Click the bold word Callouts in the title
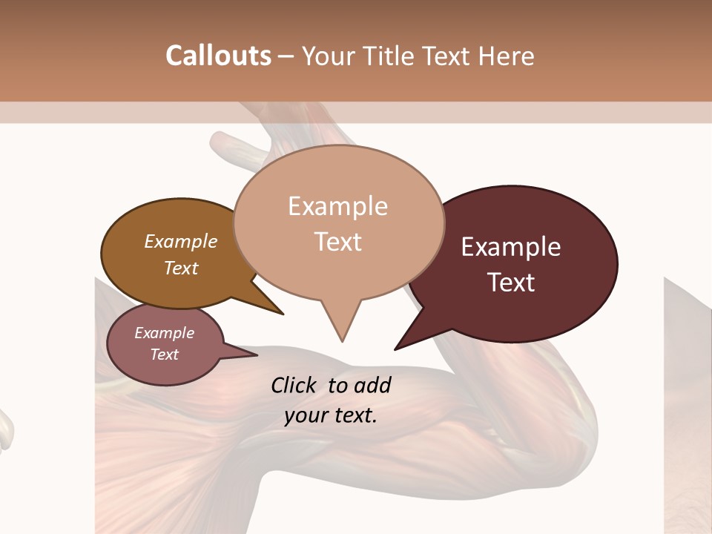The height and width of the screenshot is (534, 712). [x=218, y=56]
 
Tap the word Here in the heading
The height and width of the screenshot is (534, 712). [x=506, y=56]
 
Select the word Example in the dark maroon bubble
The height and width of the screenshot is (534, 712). [x=511, y=247]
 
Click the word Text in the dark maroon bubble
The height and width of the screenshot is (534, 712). [x=511, y=283]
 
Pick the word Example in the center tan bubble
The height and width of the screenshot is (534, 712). [x=337, y=206]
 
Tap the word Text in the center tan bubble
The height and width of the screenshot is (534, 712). [x=337, y=242]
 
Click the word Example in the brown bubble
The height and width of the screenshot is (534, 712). [x=181, y=242]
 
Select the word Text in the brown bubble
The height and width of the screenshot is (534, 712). [x=181, y=268]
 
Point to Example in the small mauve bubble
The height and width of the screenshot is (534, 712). [x=164, y=333]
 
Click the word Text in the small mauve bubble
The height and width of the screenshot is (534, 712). [x=164, y=355]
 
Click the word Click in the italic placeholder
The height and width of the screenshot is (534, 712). [x=296, y=385]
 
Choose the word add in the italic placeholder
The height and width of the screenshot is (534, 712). [x=372, y=385]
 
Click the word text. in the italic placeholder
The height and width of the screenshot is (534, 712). [x=353, y=415]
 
